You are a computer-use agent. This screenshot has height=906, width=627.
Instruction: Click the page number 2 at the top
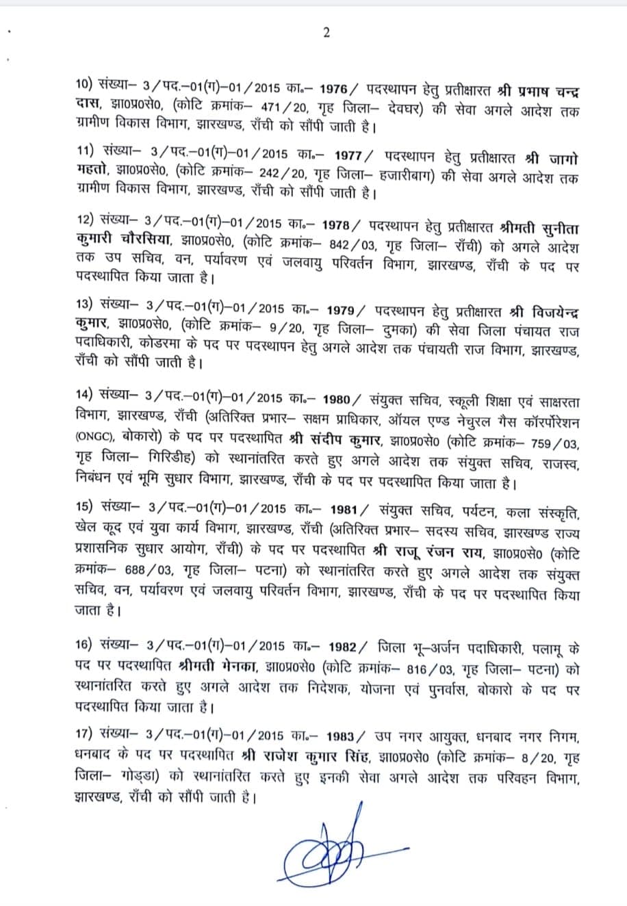tap(327, 33)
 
